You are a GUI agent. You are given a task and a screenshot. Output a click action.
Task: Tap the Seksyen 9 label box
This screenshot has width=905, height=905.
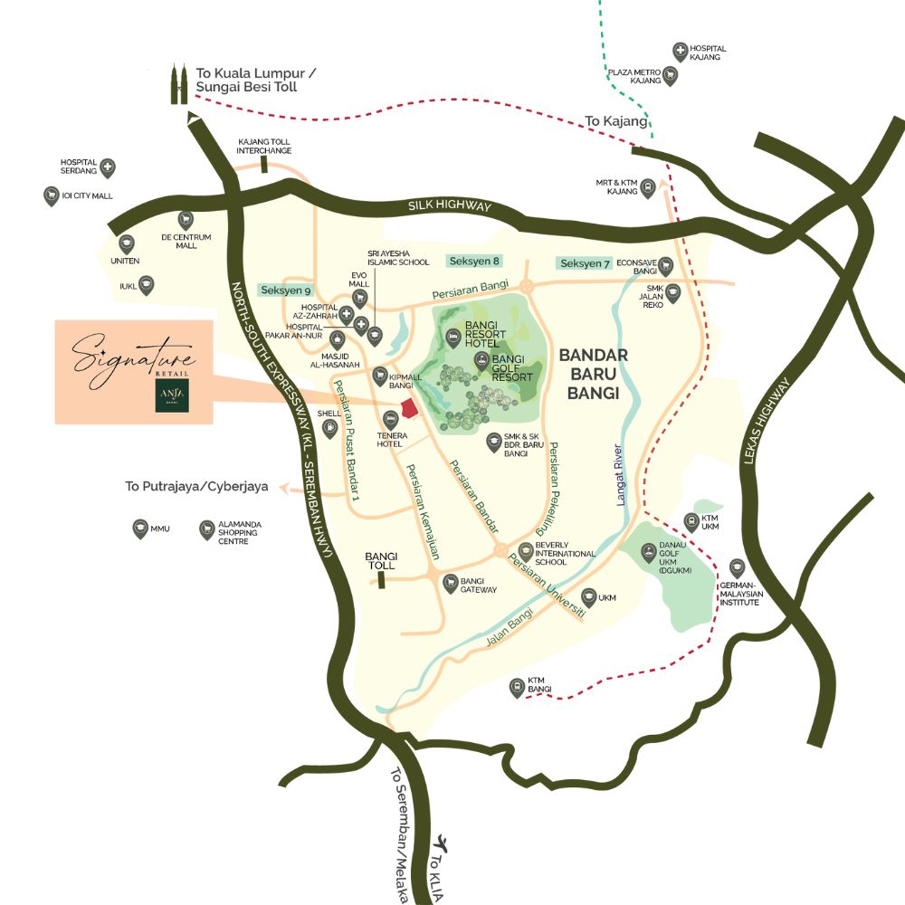point(285,291)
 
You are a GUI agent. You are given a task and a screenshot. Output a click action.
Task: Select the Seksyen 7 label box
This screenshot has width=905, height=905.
point(585,263)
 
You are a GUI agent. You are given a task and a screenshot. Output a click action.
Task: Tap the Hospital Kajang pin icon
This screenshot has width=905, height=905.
point(681,52)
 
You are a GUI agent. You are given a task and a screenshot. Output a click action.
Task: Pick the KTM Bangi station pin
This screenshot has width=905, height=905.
point(517,688)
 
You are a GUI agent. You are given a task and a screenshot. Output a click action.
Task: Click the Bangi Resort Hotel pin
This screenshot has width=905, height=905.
point(452,338)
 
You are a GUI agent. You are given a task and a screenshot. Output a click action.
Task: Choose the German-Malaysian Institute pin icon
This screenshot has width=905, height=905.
point(737,568)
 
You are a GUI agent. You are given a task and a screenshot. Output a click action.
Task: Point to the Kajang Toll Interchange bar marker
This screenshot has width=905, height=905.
point(263,164)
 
